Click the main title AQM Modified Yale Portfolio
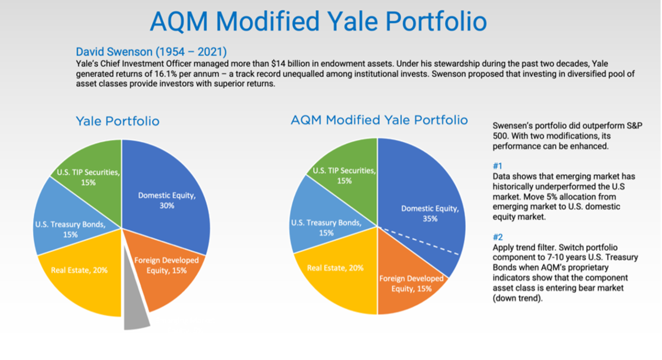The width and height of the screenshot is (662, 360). [x=318, y=22]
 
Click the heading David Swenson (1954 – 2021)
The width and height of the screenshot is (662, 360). [x=151, y=52]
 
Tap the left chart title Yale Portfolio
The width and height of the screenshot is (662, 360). [x=117, y=121]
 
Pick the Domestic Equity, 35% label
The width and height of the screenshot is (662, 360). [x=430, y=214]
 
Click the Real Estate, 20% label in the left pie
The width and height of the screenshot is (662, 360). [x=79, y=270]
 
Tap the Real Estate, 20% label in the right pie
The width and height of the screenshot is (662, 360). [x=335, y=268]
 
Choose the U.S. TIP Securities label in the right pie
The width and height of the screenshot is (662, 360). [x=344, y=175]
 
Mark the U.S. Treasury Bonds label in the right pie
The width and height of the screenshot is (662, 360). [x=326, y=228]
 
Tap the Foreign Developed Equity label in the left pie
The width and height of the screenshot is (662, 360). [x=167, y=265]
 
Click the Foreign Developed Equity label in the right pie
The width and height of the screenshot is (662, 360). [x=411, y=283]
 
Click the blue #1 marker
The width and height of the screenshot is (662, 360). [x=498, y=165]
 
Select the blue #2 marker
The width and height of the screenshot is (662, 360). [x=498, y=237]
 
